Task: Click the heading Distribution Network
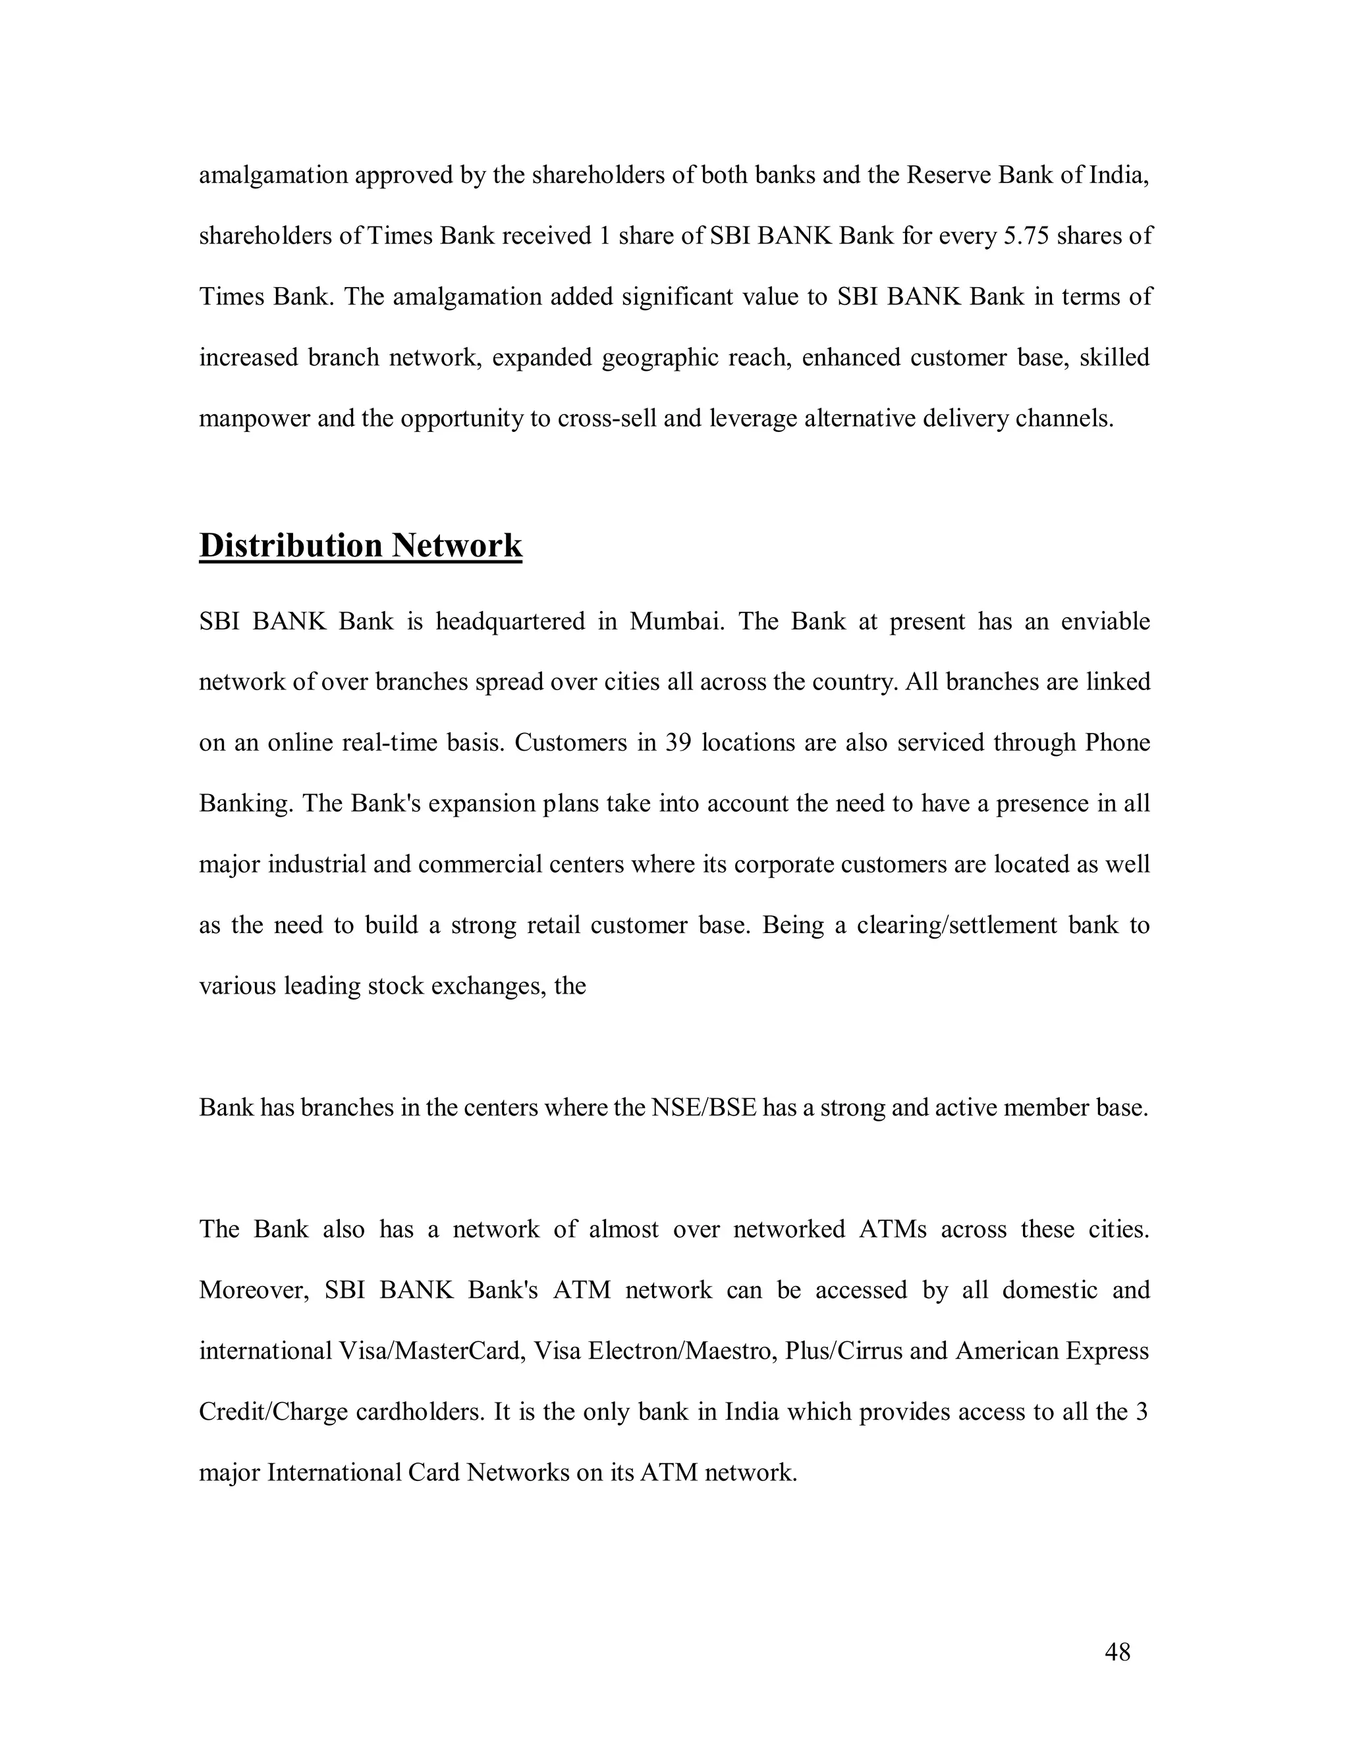point(360,546)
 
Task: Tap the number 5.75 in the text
point(1026,236)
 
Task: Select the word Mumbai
point(676,621)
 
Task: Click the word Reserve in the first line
point(948,174)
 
